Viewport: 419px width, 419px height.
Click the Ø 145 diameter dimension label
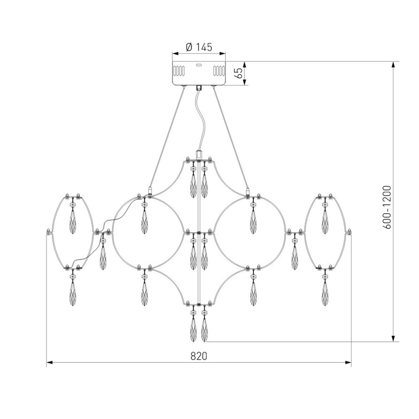pyautogui.click(x=199, y=47)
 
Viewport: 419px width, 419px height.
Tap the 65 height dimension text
pyautogui.click(x=239, y=73)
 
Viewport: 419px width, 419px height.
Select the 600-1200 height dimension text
pyautogui.click(x=387, y=207)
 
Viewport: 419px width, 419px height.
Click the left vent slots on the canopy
pyautogui.click(x=179, y=71)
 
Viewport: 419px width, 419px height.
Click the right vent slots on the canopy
pyautogui.click(x=219, y=71)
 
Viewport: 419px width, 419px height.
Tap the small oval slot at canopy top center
pyautogui.click(x=199, y=65)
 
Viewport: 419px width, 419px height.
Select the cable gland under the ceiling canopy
pyautogui.click(x=199, y=88)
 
